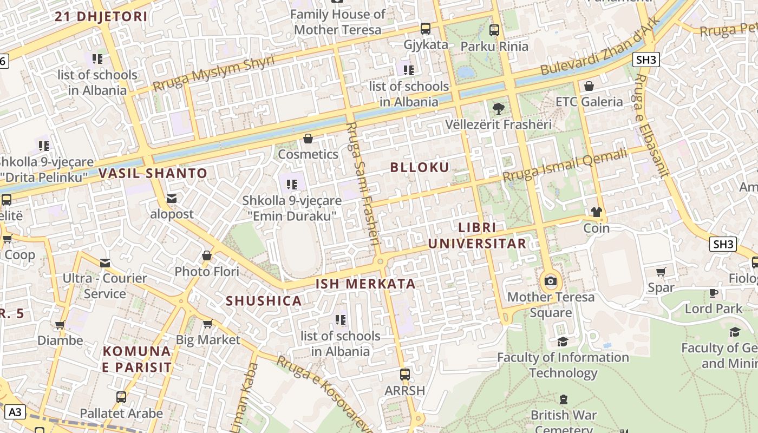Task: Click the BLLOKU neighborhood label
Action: [x=420, y=167]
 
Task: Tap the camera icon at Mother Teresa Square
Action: [x=551, y=281]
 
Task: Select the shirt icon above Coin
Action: [x=597, y=212]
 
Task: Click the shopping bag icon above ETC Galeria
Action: [x=589, y=86]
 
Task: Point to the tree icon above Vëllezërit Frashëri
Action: [x=498, y=109]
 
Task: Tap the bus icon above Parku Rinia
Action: [x=494, y=30]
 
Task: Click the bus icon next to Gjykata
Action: [x=426, y=29]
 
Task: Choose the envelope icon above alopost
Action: [x=172, y=199]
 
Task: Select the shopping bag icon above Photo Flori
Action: [x=206, y=255]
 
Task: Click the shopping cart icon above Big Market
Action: [x=207, y=324]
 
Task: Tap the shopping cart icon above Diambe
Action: [x=60, y=325]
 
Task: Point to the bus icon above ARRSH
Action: [x=404, y=375]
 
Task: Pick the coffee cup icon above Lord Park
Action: [x=714, y=293]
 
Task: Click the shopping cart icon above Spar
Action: [x=661, y=272]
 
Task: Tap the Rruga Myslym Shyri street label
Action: [x=213, y=74]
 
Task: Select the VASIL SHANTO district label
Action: [x=153, y=174]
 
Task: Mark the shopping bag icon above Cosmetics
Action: [x=308, y=139]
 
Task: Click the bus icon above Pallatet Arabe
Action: [x=121, y=397]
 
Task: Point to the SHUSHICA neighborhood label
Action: [x=264, y=301]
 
